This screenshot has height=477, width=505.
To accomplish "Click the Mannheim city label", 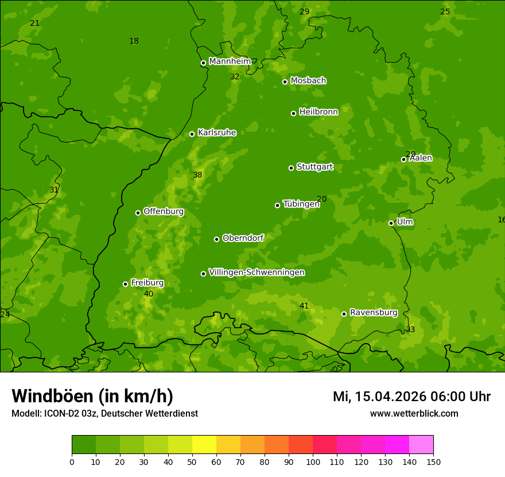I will [230, 61].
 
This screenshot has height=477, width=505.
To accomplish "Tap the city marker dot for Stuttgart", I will [291, 168].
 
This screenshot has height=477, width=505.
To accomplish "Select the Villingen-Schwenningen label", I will [257, 272].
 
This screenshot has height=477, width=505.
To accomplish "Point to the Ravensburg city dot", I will [344, 314].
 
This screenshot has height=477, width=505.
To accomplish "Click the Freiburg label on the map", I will [147, 283].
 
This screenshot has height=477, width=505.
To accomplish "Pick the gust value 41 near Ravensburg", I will [304, 306].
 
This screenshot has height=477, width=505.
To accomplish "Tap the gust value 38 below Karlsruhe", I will [197, 175].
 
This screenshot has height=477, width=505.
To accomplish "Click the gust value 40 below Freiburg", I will [149, 294].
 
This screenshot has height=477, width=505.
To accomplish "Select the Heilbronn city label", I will [318, 112].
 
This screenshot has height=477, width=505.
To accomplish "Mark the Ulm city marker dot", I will [391, 223].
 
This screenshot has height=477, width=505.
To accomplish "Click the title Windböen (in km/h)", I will [92, 396].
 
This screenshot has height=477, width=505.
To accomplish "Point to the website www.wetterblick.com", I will [414, 413].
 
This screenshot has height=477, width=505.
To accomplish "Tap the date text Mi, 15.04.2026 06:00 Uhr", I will [411, 397].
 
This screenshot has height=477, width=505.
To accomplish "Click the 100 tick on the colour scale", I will [313, 461].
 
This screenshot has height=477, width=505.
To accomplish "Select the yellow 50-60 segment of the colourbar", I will [204, 444].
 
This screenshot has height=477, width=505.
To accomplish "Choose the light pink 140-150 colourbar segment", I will [421, 444].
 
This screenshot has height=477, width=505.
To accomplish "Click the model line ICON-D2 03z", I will [104, 413].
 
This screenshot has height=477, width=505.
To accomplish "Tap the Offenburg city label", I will [164, 211].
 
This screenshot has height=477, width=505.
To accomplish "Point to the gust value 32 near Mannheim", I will [235, 76].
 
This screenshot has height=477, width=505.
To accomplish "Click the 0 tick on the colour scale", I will [72, 461].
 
